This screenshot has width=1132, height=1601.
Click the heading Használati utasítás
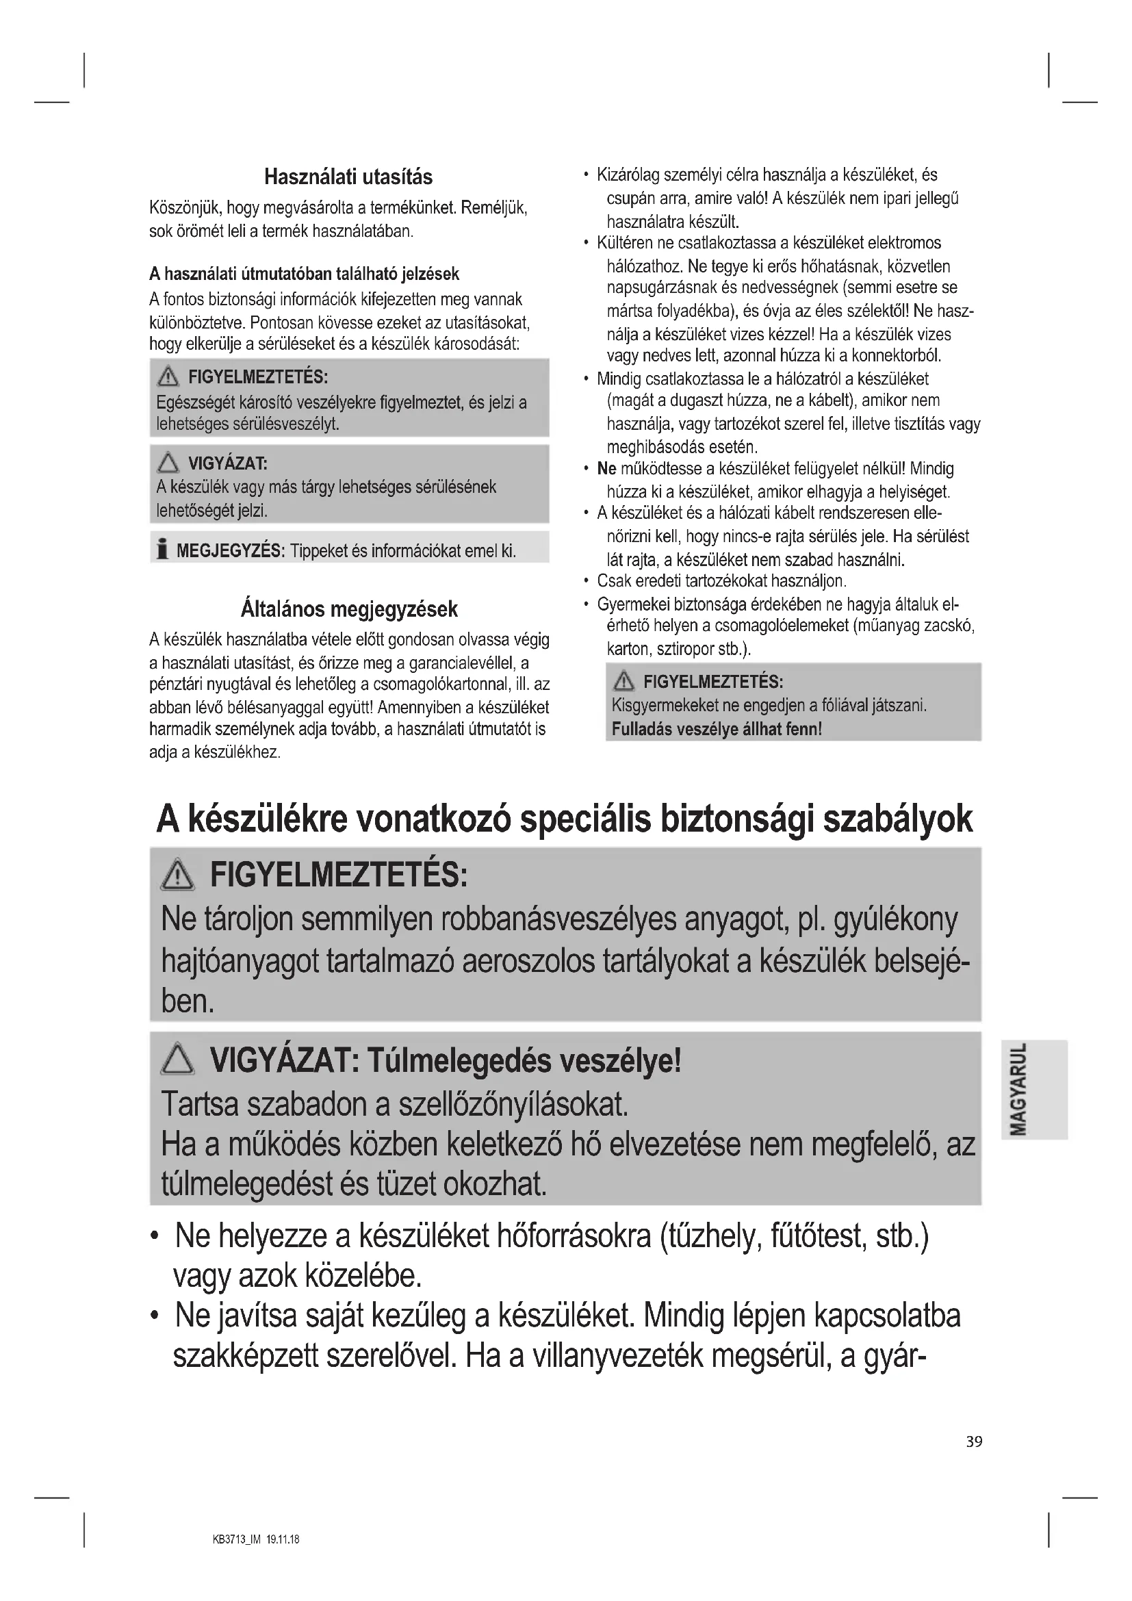[348, 177]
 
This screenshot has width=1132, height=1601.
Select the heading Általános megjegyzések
[348, 609]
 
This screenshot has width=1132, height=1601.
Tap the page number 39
[974, 1442]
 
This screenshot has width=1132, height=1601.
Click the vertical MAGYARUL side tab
[1018, 1089]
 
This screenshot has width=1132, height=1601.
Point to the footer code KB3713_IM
[236, 1539]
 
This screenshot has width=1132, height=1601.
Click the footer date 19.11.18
[283, 1539]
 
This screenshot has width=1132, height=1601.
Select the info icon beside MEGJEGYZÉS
[162, 550]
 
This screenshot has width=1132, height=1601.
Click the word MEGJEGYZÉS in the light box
[230, 551]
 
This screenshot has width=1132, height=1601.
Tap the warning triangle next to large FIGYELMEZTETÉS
[178, 876]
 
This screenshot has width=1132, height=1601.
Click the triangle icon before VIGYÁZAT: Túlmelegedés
[178, 1060]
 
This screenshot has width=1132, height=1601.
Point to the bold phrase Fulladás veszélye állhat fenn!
[717, 730]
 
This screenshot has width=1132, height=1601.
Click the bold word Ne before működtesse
[606, 469]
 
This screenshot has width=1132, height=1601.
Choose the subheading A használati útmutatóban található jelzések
[304, 274]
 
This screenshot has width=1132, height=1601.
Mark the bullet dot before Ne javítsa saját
[154, 1316]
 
